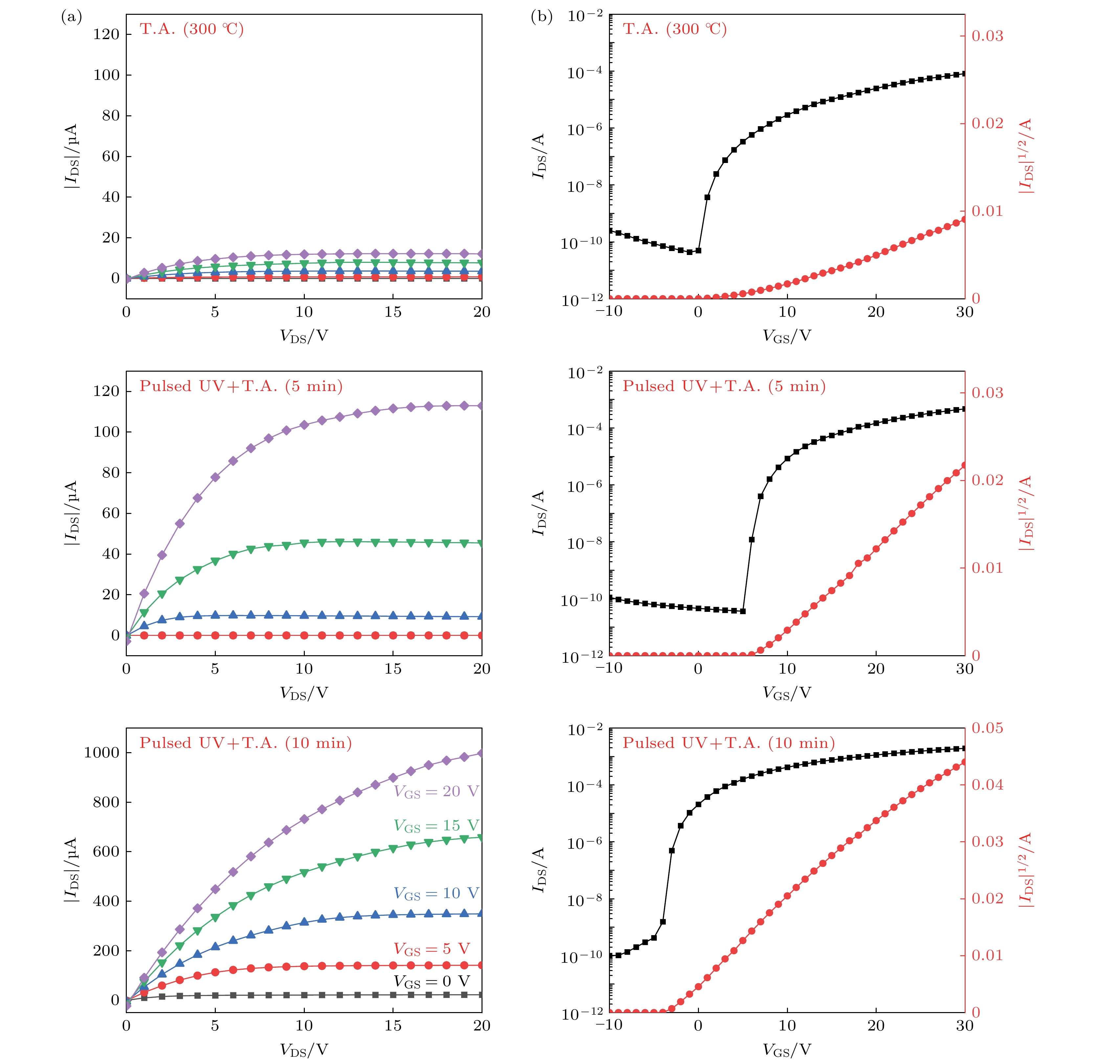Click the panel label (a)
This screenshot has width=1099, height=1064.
coord(71,17)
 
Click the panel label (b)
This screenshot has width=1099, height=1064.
coord(541,17)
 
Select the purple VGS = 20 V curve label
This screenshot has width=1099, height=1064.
coord(436,791)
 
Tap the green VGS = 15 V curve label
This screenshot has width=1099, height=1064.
coord(436,826)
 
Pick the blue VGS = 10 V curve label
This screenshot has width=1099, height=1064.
coord(436,893)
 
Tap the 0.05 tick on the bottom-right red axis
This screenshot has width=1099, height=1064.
coord(987,728)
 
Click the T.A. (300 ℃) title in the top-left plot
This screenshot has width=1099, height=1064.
coord(192,29)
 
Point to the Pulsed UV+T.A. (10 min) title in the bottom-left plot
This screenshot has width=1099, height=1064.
coord(246,743)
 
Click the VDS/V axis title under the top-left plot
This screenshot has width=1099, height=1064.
coord(304,336)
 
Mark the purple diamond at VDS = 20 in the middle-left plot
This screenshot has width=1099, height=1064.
coord(481,405)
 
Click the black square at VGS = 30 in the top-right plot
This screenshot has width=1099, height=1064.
coord(964,74)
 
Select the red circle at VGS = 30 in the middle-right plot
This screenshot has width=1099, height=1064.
coord(964,465)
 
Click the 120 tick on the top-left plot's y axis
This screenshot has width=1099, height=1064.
coord(106,34)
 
